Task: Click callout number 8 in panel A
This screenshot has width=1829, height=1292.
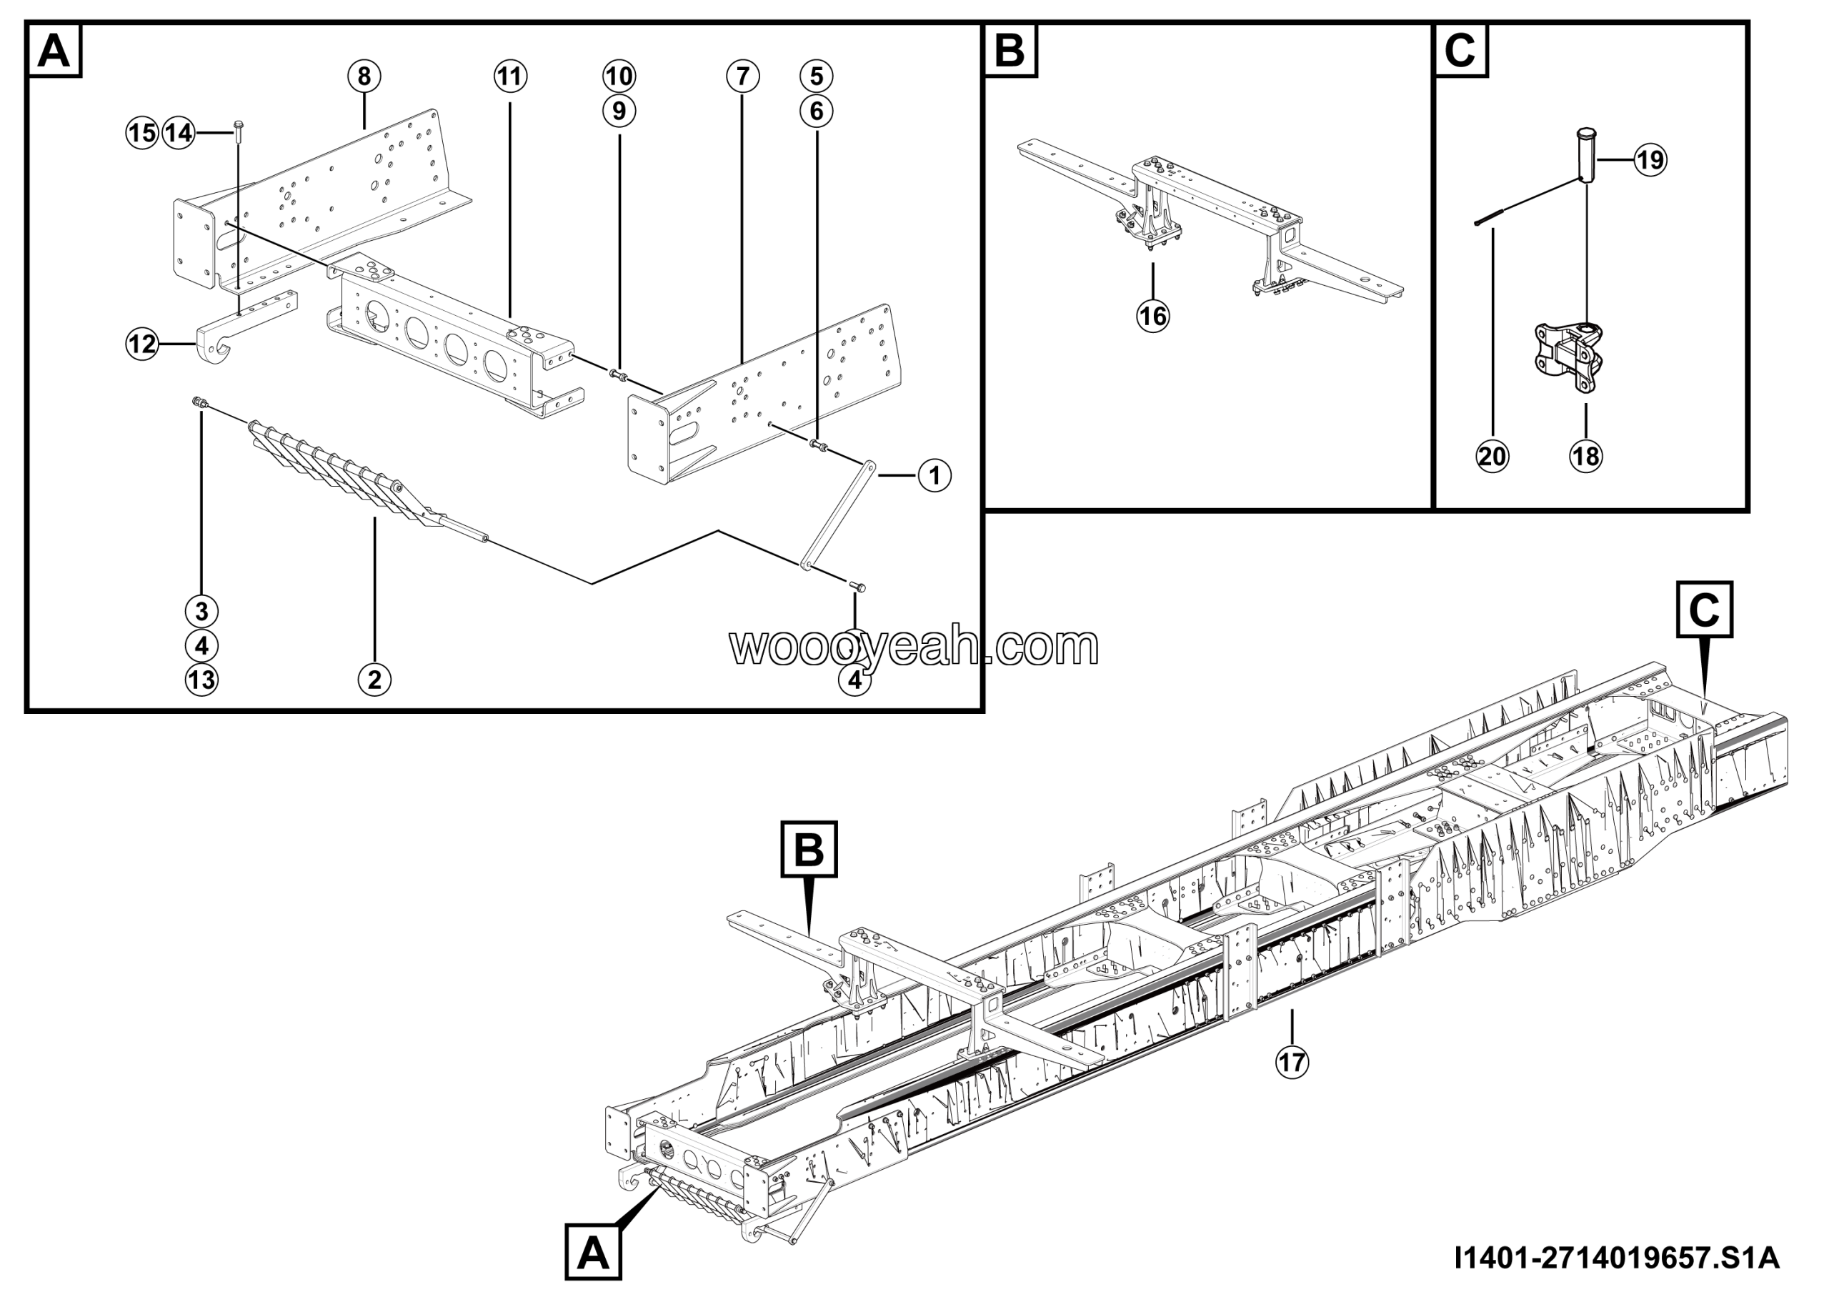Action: pos(364,76)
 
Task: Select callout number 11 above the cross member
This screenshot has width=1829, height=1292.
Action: pos(511,76)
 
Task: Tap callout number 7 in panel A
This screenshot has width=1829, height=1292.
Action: pos(742,76)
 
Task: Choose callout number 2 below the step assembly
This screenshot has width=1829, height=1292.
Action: pos(374,680)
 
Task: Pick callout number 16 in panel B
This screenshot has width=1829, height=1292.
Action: pos(1152,317)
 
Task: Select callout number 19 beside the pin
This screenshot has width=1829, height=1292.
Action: pos(1650,160)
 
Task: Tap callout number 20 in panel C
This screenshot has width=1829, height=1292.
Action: pos(1492,457)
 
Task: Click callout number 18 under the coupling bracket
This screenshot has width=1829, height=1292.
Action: pos(1586,457)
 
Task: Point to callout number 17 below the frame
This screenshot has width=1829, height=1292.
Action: pos(1292,1062)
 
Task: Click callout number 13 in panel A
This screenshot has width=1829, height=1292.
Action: pos(201,680)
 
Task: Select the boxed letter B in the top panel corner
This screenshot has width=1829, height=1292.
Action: pos(1011,50)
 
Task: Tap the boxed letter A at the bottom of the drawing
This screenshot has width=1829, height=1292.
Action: pos(594,1253)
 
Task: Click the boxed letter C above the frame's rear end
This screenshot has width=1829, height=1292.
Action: pos(1704,610)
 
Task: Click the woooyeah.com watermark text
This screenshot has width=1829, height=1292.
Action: pos(914,647)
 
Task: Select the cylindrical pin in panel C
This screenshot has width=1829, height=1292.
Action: pos(1586,155)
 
